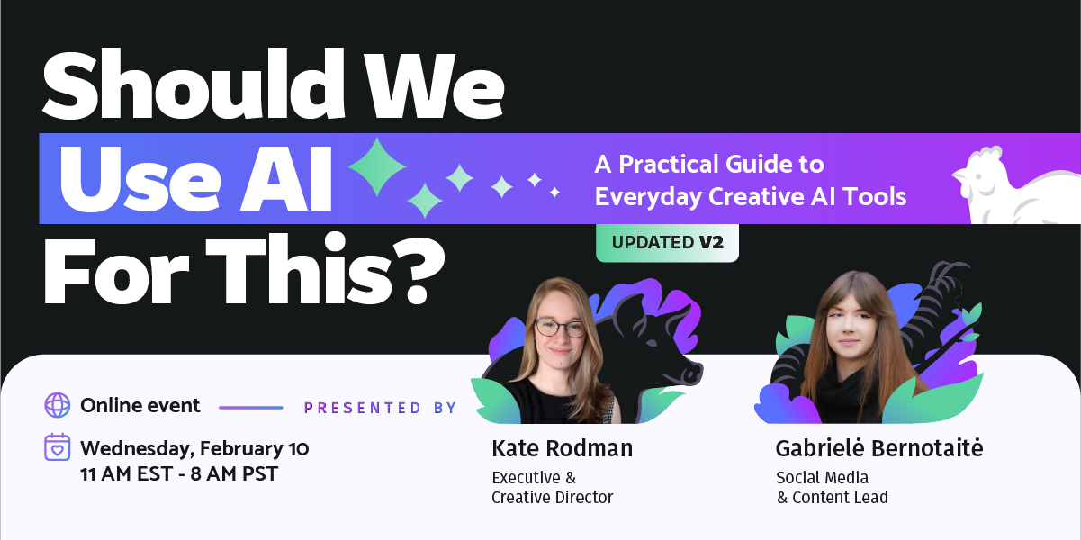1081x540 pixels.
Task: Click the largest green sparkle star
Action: pyautogui.click(x=377, y=167)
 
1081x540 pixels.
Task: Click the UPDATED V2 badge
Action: pyautogui.click(x=667, y=243)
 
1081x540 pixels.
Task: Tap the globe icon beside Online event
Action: pyautogui.click(x=58, y=405)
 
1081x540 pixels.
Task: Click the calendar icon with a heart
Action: pyautogui.click(x=58, y=447)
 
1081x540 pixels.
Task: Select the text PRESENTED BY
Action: pyautogui.click(x=380, y=409)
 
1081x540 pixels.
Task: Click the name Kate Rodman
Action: pyautogui.click(x=563, y=448)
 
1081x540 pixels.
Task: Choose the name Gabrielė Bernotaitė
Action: pyautogui.click(x=878, y=448)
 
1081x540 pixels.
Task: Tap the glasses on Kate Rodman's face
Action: pyautogui.click(x=561, y=328)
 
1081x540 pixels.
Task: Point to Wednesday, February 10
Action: pyautogui.click(x=194, y=449)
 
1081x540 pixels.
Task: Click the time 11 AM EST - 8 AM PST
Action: pyautogui.click(x=179, y=474)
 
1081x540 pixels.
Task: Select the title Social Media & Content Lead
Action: pyautogui.click(x=832, y=488)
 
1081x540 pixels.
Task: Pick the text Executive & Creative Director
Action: pyautogui.click(x=552, y=488)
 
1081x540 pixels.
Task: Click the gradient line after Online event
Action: pyautogui.click(x=251, y=408)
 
